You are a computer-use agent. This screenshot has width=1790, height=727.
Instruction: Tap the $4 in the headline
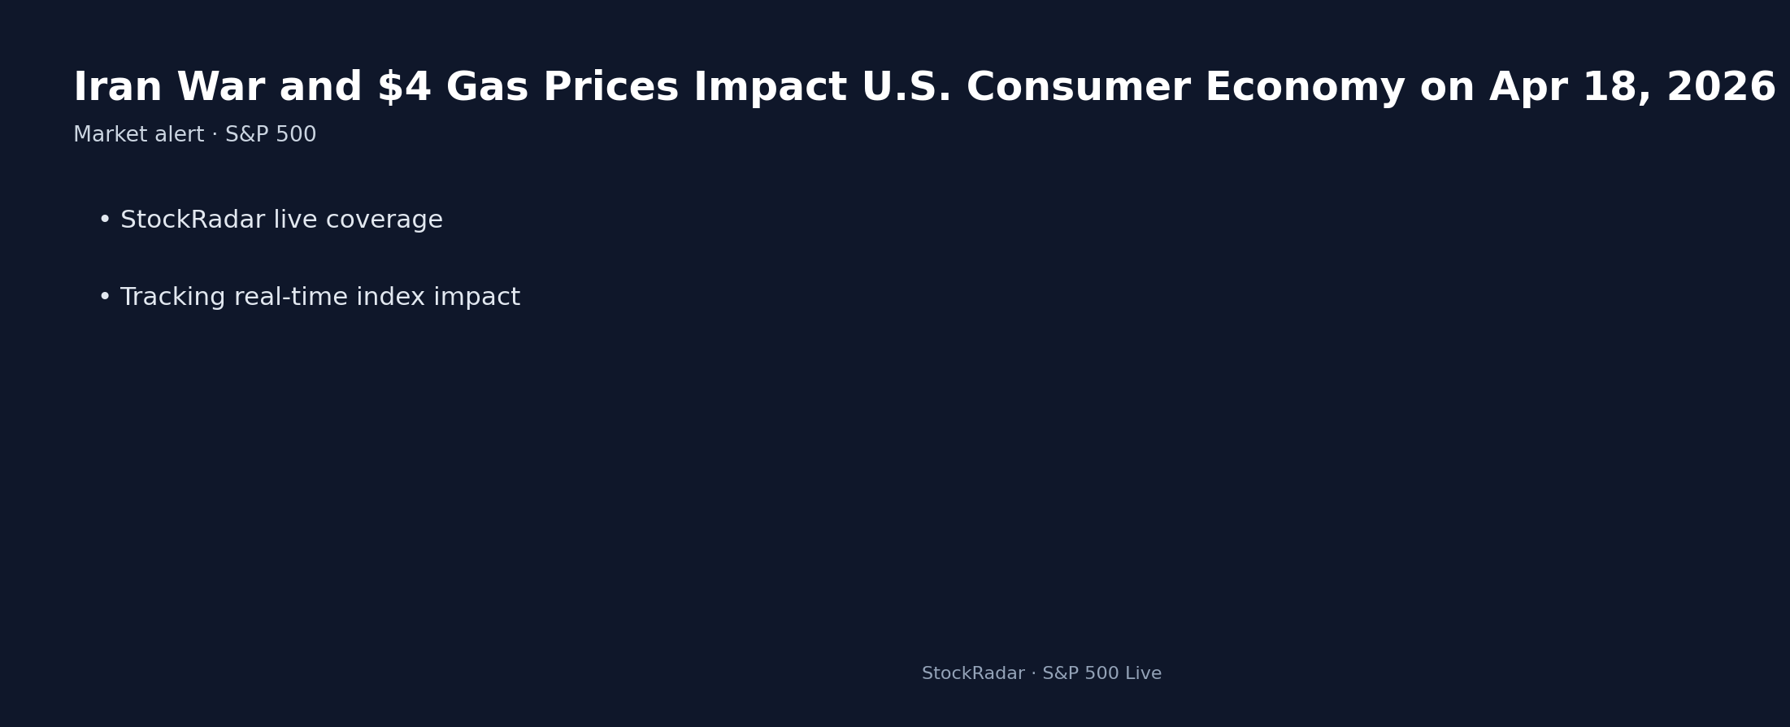pyautogui.click(x=403, y=88)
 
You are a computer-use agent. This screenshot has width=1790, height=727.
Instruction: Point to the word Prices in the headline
pyautogui.click(x=610, y=88)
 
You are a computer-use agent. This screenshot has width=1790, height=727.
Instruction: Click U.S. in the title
pyautogui.click(x=906, y=88)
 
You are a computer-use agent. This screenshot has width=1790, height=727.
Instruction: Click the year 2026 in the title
pyautogui.click(x=1721, y=88)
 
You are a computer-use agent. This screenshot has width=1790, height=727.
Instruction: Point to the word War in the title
pyautogui.click(x=220, y=88)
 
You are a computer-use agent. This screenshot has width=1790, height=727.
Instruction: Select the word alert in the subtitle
pyautogui.click(x=182, y=135)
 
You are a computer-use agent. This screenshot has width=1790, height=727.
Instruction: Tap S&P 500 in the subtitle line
pyautogui.click(x=271, y=135)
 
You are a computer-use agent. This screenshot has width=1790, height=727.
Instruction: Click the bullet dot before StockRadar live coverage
pyautogui.click(x=104, y=220)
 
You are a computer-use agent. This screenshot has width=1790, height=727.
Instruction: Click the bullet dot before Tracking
pyautogui.click(x=104, y=298)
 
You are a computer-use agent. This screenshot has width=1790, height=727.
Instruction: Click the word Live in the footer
pyautogui.click(x=1143, y=674)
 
